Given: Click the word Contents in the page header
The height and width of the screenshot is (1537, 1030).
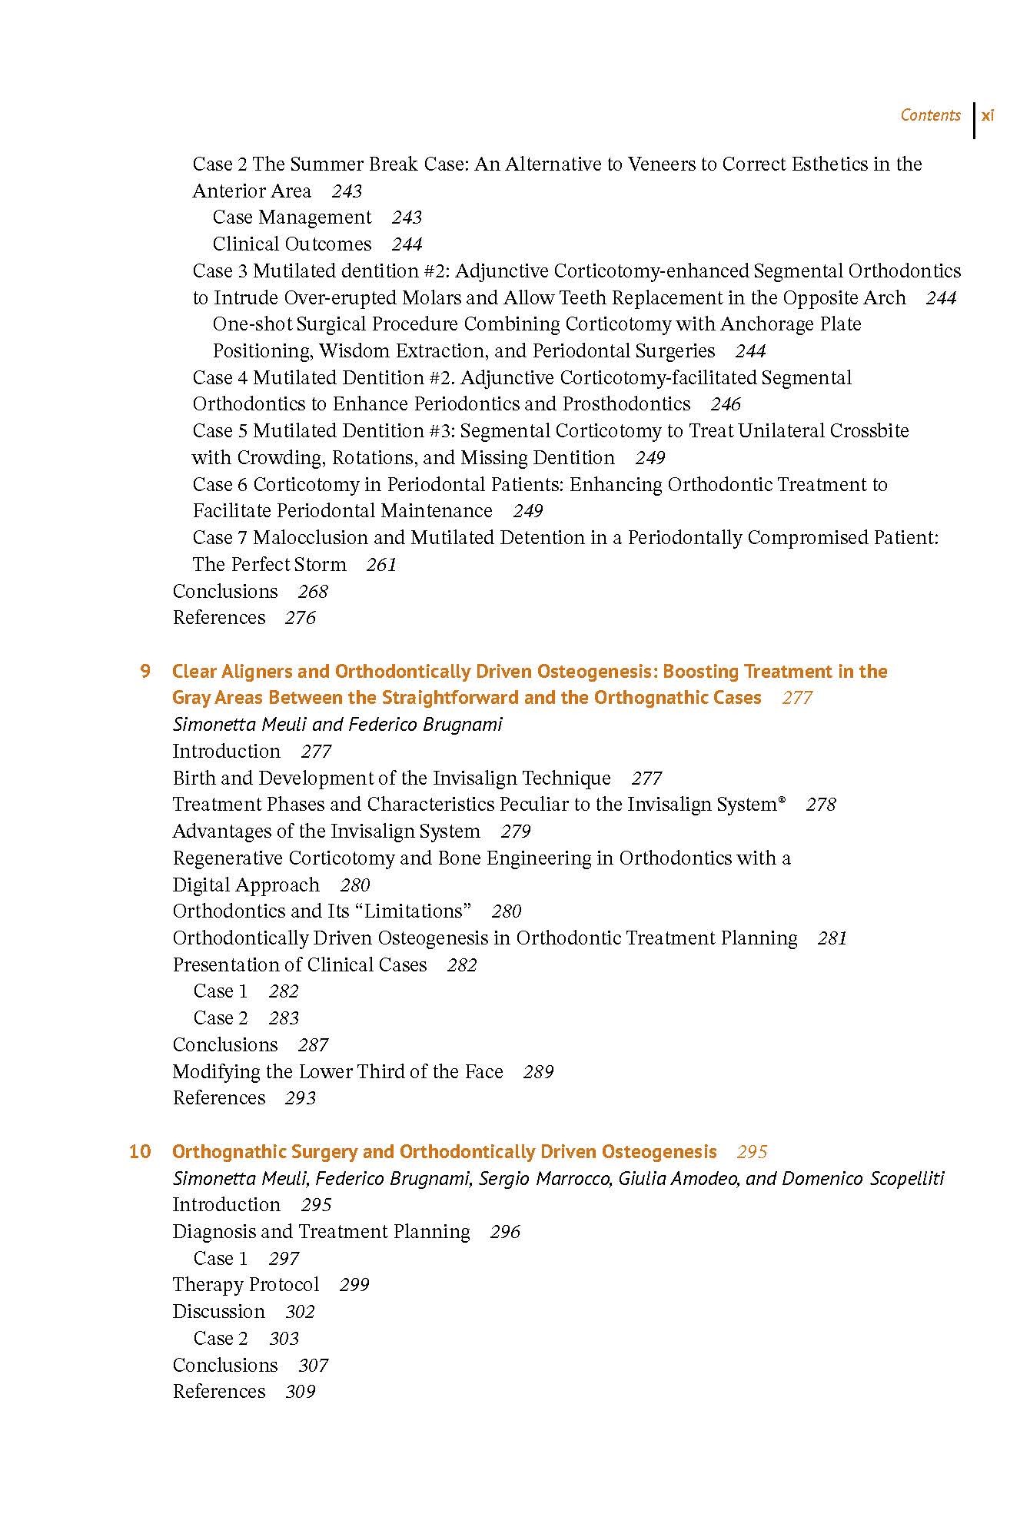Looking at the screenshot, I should click(930, 115).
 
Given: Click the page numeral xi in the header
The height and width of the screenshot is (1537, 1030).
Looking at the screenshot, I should click(988, 115).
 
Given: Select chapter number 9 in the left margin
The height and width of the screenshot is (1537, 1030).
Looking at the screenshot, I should click(145, 672).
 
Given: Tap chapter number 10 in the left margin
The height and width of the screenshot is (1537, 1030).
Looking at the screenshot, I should click(140, 1152).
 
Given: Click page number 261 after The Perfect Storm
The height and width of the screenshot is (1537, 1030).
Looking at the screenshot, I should click(381, 565).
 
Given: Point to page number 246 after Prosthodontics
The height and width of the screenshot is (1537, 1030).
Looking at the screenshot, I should click(726, 404).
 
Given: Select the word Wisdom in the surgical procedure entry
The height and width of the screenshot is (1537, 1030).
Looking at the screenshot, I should click(352, 351).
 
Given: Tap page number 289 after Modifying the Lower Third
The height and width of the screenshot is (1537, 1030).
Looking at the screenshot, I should click(538, 1072).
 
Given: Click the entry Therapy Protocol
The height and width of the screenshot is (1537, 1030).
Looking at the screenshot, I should click(245, 1285).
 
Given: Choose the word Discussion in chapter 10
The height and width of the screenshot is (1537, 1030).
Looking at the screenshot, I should click(218, 1312).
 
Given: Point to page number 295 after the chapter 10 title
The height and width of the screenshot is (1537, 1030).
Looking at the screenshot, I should click(752, 1152).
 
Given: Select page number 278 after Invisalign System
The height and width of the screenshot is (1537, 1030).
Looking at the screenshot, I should click(821, 805).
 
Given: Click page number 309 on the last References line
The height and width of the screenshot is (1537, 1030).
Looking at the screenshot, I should click(300, 1392).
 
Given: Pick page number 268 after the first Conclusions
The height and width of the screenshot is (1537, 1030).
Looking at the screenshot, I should click(313, 592).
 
